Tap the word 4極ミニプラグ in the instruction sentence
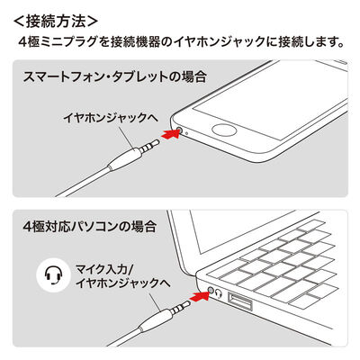point(67,41)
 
